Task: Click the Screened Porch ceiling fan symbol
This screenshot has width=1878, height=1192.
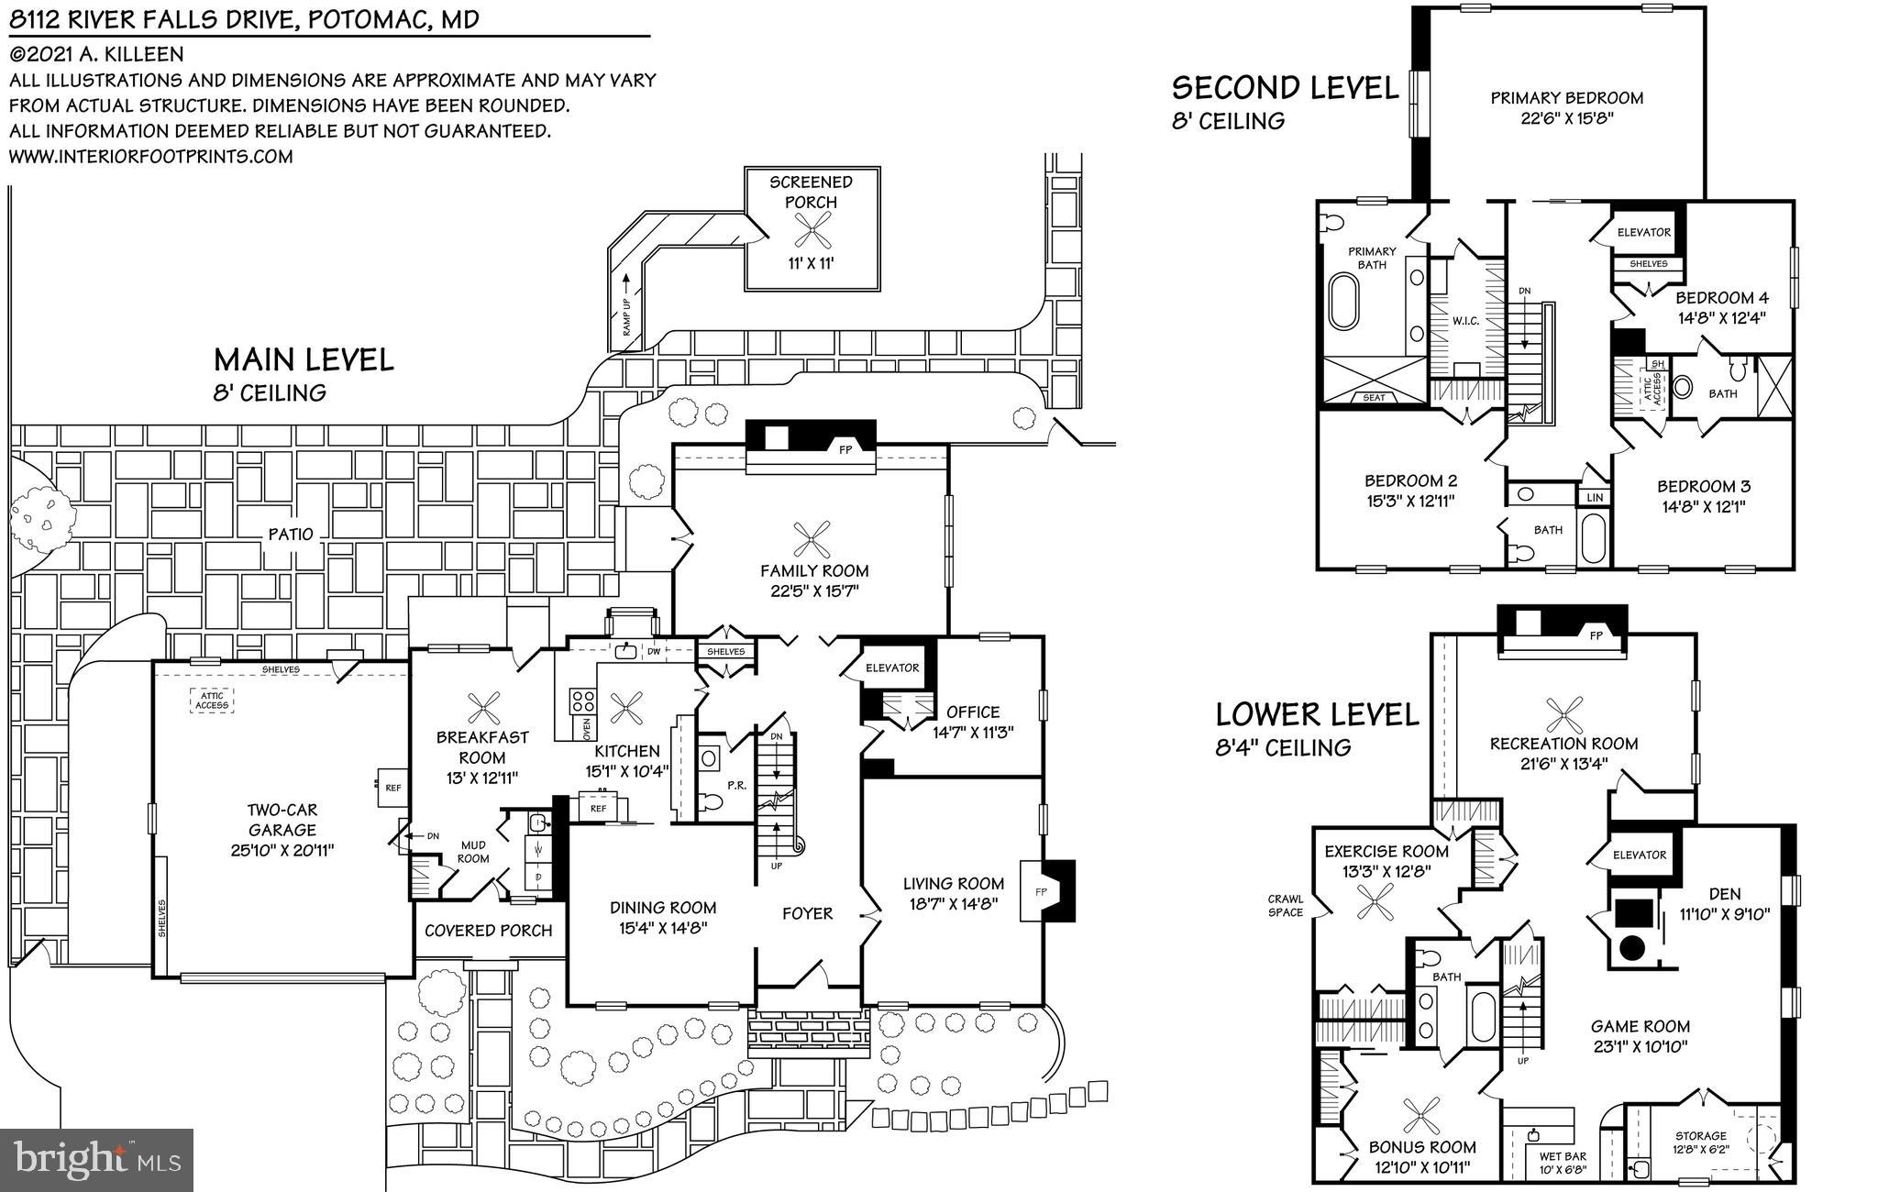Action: coord(812,232)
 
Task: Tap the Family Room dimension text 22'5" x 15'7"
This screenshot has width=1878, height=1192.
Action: coord(814,591)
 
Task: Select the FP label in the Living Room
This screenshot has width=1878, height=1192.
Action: coord(1041,890)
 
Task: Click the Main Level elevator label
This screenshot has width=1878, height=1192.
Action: coord(892,668)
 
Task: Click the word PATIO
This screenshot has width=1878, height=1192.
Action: coord(292,534)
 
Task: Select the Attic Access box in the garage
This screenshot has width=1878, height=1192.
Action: coord(212,700)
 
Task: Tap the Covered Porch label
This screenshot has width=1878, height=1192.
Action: coord(488,930)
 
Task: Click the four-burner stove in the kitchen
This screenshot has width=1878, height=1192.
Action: coord(582,701)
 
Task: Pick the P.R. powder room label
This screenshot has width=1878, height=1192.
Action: coord(735,785)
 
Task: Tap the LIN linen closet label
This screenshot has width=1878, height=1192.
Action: coord(1595,497)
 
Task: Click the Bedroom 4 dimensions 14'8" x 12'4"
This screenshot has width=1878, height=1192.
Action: coord(1721,318)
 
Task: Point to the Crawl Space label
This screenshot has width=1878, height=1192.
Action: coord(1285,906)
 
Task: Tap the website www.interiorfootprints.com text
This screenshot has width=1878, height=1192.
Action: coord(151,156)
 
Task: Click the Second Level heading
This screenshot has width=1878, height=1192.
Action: coord(1285,88)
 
